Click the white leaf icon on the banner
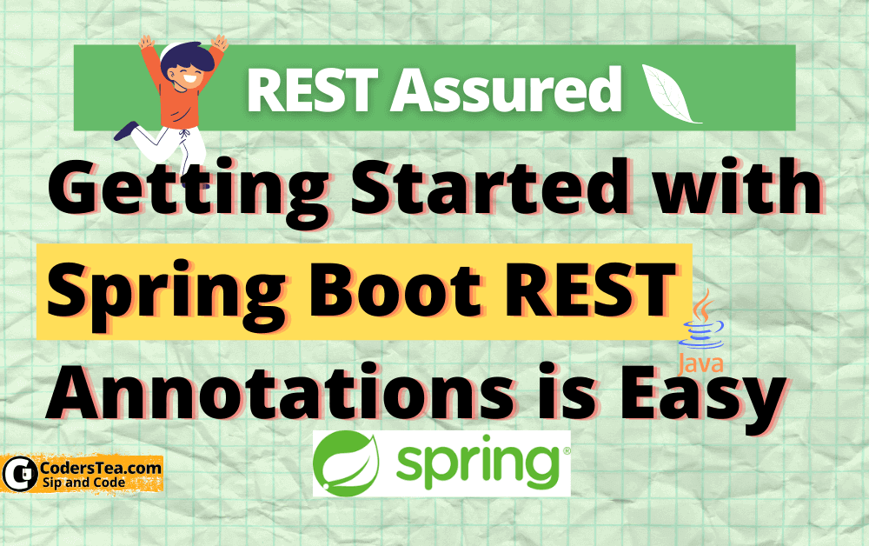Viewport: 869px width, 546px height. click(x=670, y=94)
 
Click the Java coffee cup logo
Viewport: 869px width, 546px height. click(x=703, y=323)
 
